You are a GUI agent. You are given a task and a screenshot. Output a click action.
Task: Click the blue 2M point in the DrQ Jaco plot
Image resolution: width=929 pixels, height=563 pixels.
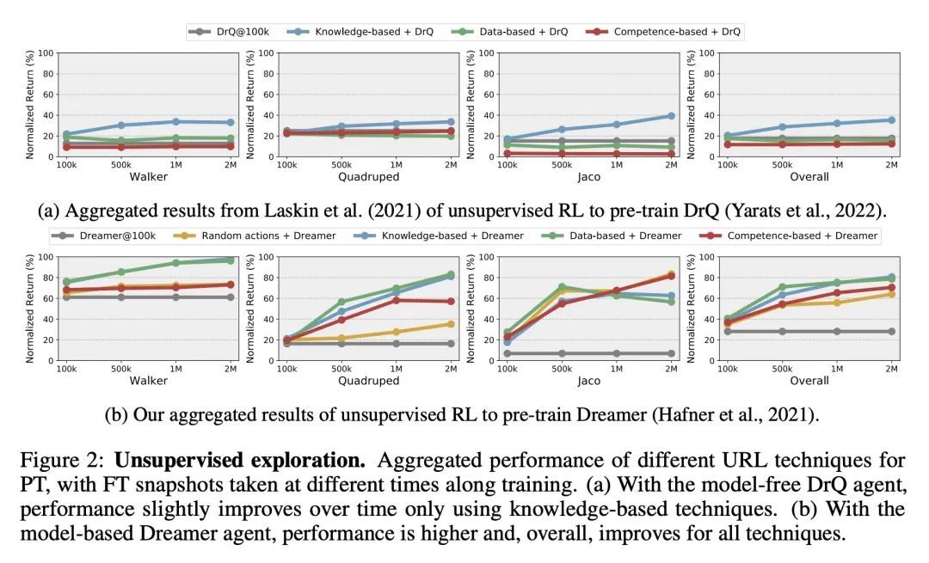click(670, 115)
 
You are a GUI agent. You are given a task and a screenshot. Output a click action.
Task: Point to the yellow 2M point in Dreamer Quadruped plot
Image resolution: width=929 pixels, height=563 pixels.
click(451, 324)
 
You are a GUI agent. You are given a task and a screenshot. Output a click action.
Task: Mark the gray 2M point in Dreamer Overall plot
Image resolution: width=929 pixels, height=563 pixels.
click(890, 331)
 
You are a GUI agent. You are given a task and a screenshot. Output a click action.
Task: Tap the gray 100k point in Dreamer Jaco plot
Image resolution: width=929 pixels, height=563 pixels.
click(507, 353)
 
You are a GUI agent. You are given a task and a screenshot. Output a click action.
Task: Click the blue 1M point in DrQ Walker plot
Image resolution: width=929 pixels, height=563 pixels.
click(176, 121)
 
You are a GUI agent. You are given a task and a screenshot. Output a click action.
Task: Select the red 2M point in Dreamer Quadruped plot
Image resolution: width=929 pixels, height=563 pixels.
click(451, 301)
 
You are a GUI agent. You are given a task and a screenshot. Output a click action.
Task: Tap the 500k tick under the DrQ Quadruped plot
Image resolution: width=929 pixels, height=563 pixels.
click(342, 164)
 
